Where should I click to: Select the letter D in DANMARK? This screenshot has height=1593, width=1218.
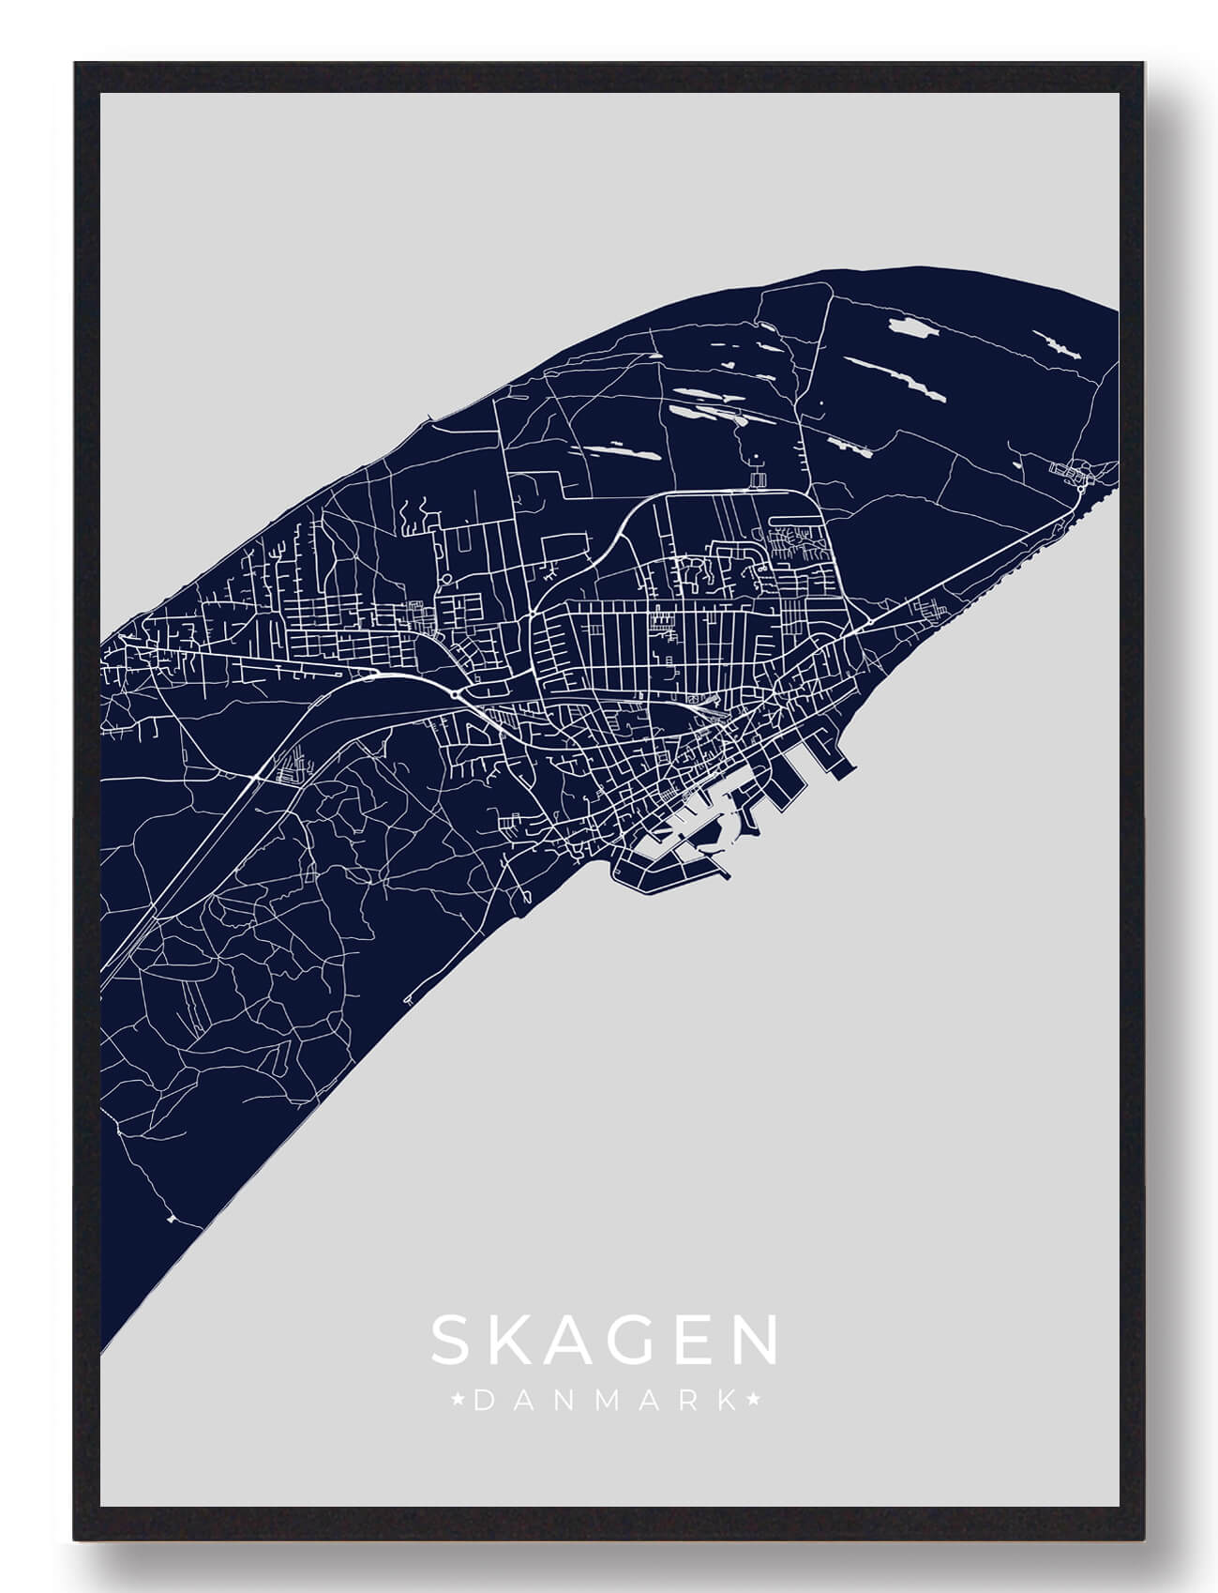click(x=483, y=1402)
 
